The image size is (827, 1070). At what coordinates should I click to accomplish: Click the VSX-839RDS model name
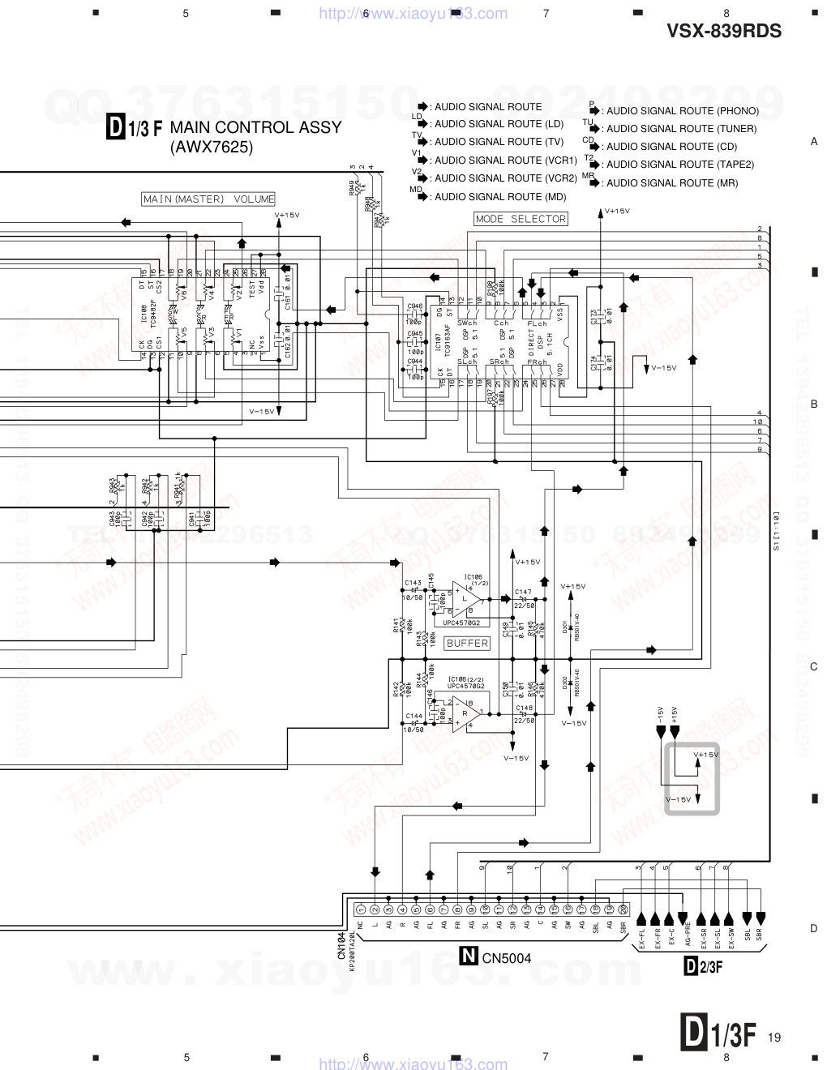(x=724, y=32)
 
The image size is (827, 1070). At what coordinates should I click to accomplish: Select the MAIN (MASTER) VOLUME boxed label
(x=208, y=199)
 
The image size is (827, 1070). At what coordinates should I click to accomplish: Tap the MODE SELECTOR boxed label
(x=521, y=219)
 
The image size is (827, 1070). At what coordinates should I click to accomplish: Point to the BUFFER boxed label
(x=467, y=643)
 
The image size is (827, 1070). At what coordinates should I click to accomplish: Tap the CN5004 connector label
(x=507, y=958)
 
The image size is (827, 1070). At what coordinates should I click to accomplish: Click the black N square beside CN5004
(x=469, y=957)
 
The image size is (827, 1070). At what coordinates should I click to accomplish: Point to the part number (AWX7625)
(x=212, y=148)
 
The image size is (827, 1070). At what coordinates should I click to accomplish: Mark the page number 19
(x=773, y=1038)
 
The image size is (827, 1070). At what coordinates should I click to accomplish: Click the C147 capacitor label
(x=523, y=593)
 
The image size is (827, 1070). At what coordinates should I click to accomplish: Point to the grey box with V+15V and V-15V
(x=691, y=778)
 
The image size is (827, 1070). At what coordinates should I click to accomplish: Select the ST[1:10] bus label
(x=776, y=532)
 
